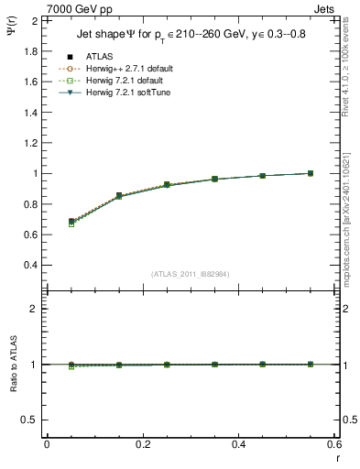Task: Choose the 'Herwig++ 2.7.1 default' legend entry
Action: [x=128, y=69]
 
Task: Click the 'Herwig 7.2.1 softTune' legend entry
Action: [x=127, y=93]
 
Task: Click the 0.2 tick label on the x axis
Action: [x=143, y=444]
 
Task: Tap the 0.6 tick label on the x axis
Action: [x=334, y=444]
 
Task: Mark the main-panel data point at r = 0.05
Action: [x=71, y=222]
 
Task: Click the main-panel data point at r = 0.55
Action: [x=311, y=173]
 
